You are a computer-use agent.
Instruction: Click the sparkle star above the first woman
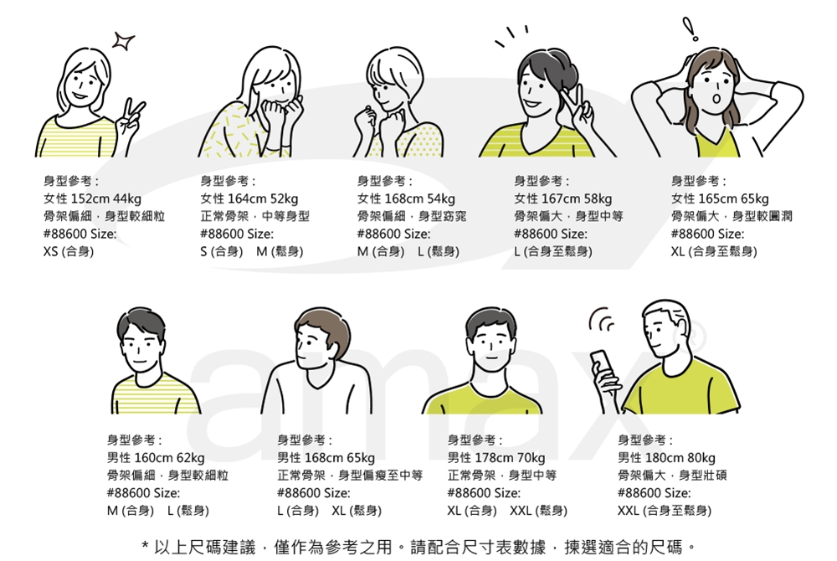tap(123, 40)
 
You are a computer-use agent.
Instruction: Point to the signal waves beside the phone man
tap(601, 320)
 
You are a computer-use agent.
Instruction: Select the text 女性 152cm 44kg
tap(92, 198)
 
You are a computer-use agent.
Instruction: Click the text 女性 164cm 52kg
tap(249, 198)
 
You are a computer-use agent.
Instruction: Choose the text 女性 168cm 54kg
tap(406, 198)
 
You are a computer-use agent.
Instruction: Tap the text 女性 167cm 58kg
tap(562, 198)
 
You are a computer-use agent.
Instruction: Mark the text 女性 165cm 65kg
tap(720, 198)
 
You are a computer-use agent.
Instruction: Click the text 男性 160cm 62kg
tap(156, 458)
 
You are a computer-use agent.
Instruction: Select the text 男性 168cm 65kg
tap(326, 458)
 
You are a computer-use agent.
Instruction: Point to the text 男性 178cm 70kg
tap(496, 458)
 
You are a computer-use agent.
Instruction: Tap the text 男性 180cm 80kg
tap(667, 458)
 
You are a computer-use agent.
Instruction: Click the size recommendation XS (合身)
tap(68, 251)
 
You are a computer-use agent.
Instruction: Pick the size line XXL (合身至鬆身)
tap(665, 511)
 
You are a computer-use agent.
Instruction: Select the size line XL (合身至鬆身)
tap(713, 251)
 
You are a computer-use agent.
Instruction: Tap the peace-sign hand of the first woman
tap(130, 118)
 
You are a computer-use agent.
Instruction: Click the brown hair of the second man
tap(322, 322)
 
